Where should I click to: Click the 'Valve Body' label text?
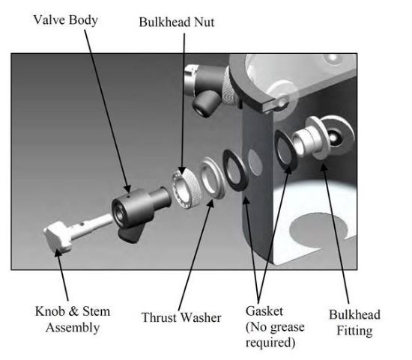pos(66,20)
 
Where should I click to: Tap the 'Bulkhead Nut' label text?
pos(177,22)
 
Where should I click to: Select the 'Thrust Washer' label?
pos(181,317)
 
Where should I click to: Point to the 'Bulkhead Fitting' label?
pos(354,323)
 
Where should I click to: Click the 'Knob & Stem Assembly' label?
pos(73,320)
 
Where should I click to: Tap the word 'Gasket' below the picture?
pos(264,311)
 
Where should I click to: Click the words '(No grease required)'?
pos(275,335)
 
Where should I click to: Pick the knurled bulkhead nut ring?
pos(184,188)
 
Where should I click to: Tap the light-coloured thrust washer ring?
pos(212,178)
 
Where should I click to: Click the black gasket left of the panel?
pos(235,170)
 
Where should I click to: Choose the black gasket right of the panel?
pos(285,150)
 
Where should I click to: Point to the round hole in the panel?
pos(255,162)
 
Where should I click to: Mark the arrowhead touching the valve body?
pos(127,189)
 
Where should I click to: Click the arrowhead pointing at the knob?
pos(58,251)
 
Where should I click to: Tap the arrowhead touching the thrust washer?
pos(210,202)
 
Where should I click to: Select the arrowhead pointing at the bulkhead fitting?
pos(324,167)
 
